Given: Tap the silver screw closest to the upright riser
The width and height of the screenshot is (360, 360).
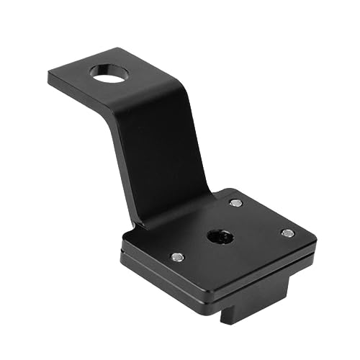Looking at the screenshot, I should pos(235,203).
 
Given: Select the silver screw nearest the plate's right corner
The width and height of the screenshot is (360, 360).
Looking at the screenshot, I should pos(287,233).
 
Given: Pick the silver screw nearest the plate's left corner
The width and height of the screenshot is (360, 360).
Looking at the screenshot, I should pos(177,256).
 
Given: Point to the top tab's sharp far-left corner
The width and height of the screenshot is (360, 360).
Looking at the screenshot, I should pos(49,75).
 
